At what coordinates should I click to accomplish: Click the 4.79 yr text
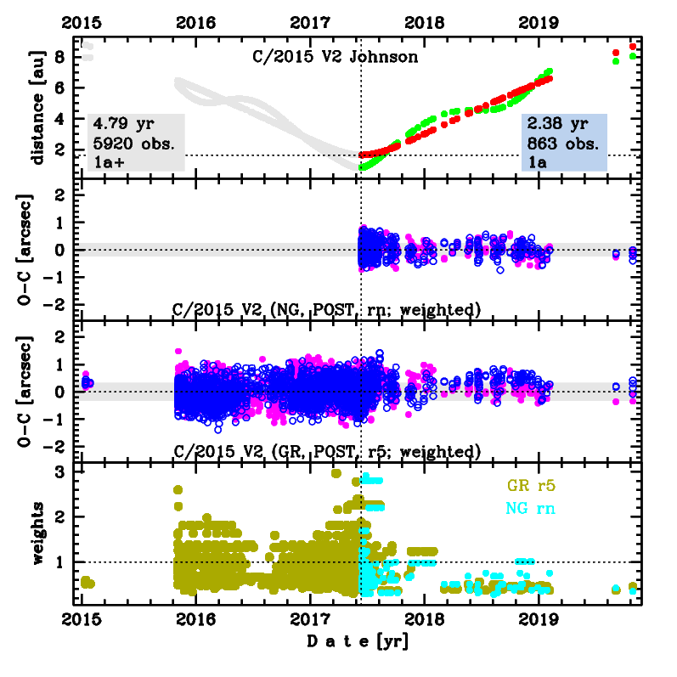[x=120, y=127]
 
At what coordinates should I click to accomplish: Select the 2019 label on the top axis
[x=538, y=20]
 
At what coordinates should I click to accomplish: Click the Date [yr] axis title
[x=357, y=641]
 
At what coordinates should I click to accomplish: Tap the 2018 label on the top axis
[x=424, y=20]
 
